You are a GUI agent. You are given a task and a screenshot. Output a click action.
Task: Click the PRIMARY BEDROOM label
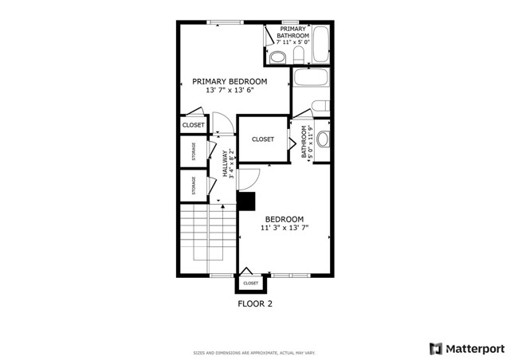point(229,81)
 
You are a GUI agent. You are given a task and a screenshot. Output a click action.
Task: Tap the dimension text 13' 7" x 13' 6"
point(229,91)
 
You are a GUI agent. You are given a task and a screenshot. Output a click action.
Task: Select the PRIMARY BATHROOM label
point(293,32)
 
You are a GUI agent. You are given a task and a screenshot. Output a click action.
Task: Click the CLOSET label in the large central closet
point(263,139)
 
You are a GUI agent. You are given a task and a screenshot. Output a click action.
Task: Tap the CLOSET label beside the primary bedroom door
point(194,125)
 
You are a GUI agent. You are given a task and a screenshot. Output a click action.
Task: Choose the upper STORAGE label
point(193,151)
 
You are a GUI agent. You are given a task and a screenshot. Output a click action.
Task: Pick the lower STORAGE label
point(193,186)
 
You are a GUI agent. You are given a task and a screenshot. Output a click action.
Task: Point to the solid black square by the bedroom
point(246,201)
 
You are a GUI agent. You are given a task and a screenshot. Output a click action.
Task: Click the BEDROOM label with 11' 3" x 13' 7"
point(284,219)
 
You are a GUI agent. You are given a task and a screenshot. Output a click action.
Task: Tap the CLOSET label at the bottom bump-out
point(250,283)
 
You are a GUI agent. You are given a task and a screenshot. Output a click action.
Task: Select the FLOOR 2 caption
point(255,303)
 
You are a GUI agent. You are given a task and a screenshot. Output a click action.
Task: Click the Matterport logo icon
point(435,348)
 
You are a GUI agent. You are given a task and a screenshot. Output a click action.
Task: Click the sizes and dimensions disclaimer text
point(255,353)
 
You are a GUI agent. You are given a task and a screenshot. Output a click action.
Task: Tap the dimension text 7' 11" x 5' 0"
point(293,42)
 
